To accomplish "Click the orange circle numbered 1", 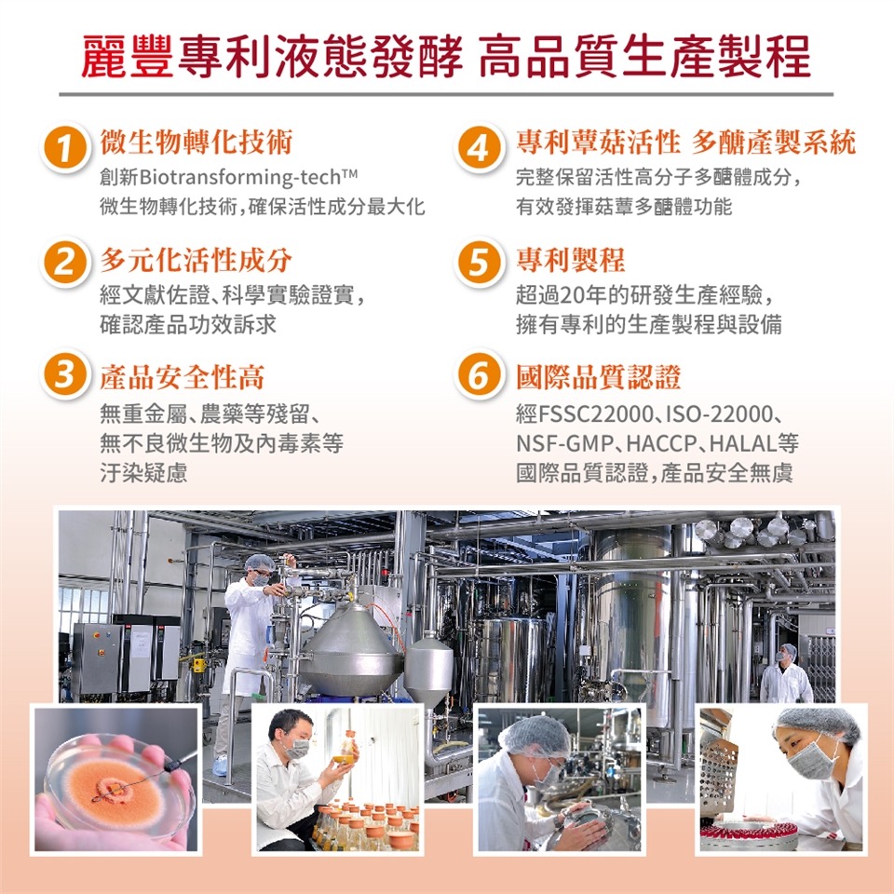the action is click(64, 148).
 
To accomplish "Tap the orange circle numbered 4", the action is click(479, 148).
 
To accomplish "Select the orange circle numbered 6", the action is click(479, 374).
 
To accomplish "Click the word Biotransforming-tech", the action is click(239, 177).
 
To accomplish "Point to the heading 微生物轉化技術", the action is click(196, 142).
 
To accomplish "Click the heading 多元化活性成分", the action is click(196, 260).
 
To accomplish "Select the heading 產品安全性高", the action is click(183, 377).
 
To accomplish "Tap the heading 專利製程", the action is click(570, 260).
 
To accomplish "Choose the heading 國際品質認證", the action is click(598, 377).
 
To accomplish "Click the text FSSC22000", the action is click(596, 413).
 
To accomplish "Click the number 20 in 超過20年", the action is click(571, 295).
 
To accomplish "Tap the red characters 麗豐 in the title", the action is click(128, 56).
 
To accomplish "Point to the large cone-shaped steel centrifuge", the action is click(352, 651).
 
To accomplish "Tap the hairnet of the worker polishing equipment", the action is click(535, 736).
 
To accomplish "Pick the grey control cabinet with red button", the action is click(97, 658).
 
